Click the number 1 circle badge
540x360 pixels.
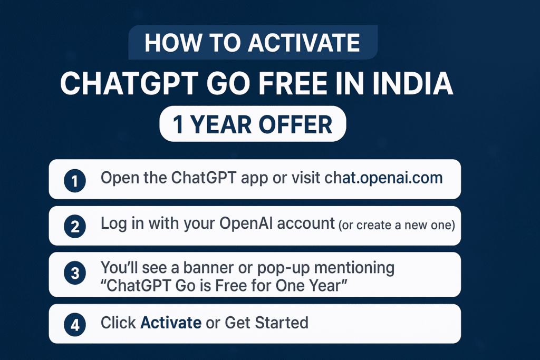(74, 181)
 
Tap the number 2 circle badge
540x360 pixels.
(74, 227)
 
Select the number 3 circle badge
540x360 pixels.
(74, 274)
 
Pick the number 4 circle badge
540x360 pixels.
(74, 324)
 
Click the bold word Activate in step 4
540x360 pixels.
(171, 322)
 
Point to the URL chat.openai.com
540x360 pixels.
(383, 178)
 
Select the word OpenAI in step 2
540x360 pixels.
(248, 223)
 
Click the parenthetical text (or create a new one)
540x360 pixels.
(397, 225)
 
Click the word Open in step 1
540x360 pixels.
(118, 178)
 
